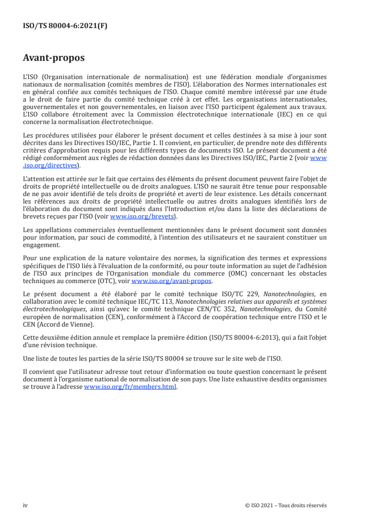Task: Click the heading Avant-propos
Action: (54, 58)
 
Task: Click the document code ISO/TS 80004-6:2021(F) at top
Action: (65, 26)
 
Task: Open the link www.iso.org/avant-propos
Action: (172, 281)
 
